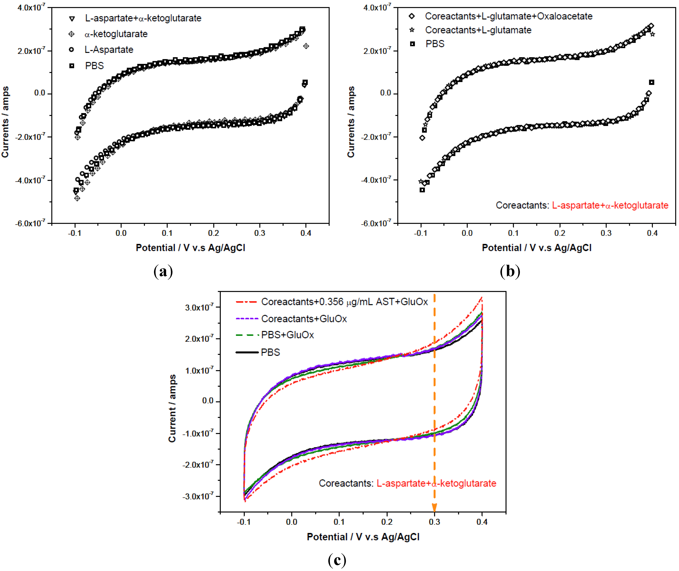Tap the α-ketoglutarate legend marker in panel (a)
(72, 34)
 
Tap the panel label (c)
(337, 559)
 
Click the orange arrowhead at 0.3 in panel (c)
(434, 508)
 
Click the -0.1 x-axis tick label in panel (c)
(244, 522)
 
